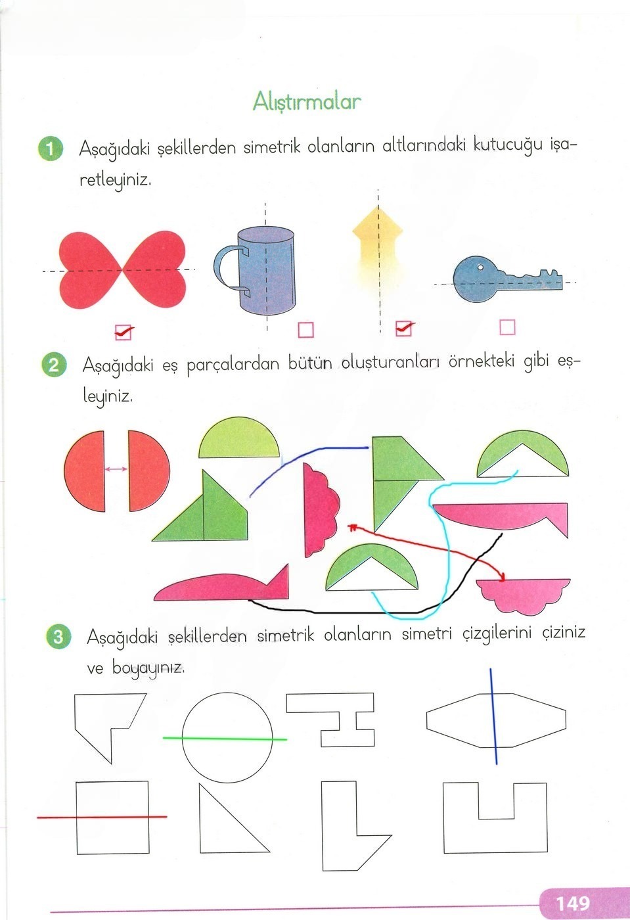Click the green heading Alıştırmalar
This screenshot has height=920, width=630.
point(307,102)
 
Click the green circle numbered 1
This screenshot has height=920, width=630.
point(51,149)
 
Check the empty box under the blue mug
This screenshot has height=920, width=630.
point(305,329)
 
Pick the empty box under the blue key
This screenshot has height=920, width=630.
point(507,327)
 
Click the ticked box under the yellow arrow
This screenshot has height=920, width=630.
point(404,328)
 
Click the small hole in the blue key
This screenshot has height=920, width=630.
point(480,267)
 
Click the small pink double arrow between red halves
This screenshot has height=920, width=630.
point(116,469)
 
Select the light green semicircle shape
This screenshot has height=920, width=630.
point(238,439)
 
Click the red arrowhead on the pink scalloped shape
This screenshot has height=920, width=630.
point(503,578)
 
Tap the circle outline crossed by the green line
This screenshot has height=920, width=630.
point(227,697)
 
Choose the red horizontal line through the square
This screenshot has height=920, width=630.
point(102,817)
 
